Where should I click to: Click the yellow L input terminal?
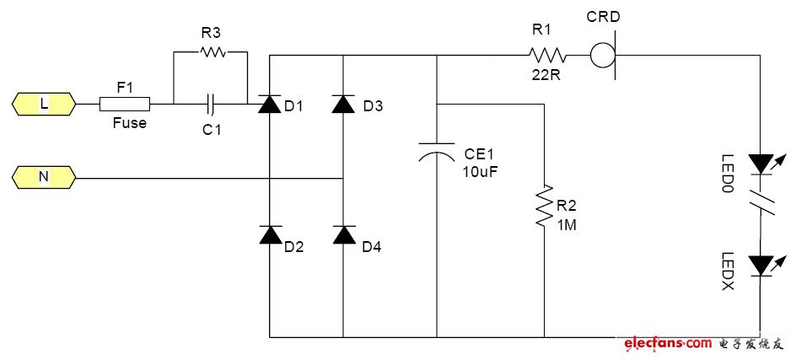pos(44,105)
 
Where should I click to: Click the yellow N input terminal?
pos(44,178)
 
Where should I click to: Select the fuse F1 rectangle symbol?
pos(125,105)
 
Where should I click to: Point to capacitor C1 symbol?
pos(212,105)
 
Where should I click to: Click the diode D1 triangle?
pos(269,105)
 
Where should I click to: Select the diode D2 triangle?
pos(270,234)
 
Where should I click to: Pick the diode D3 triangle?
pos(342,105)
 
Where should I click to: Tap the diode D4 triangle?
pos(342,234)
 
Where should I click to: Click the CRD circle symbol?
pos(601,56)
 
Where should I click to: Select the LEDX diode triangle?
pos(761,266)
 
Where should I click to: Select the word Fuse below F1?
pos(130,123)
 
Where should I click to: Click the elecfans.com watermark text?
pos(669,344)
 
